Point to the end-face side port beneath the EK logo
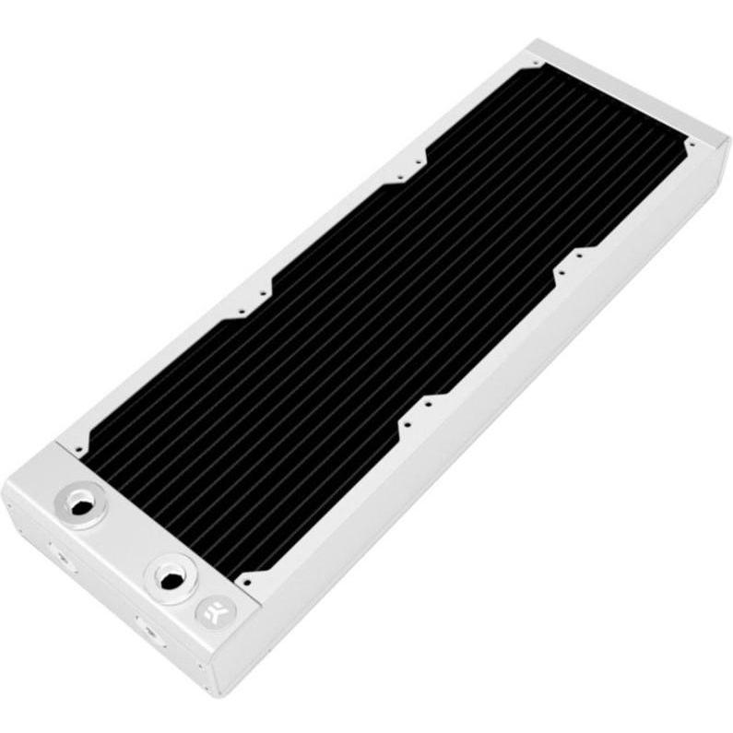point(148,630)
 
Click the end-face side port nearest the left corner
point(61,555)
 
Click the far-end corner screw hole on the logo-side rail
point(686,145)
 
